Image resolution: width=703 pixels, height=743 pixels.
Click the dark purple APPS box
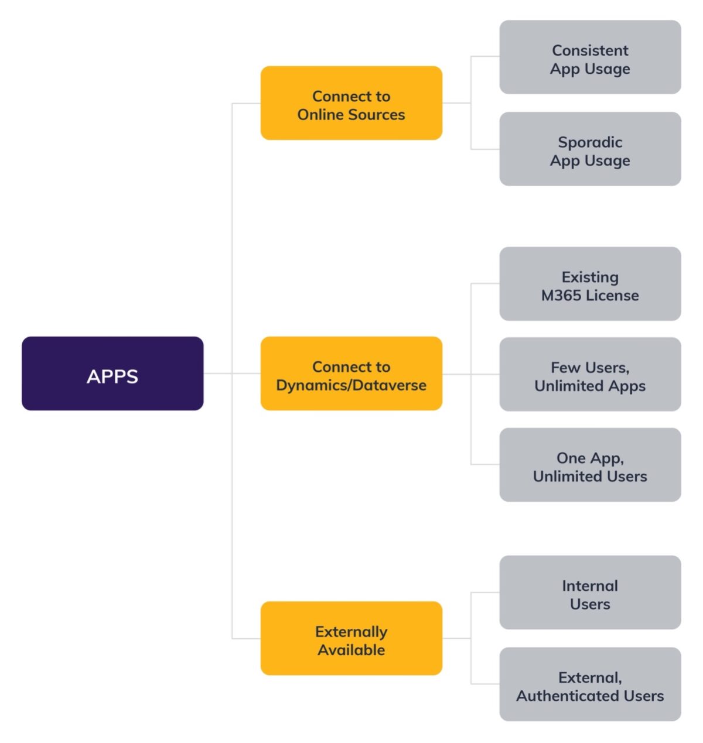112,374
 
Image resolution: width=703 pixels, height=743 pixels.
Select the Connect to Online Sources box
351,103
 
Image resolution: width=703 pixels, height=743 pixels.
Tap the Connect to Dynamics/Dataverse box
351,374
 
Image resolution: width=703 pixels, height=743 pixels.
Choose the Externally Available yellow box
351,638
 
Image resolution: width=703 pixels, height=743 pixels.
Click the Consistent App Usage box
590,57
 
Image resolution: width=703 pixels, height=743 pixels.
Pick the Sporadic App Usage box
590,149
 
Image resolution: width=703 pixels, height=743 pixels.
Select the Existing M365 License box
590,284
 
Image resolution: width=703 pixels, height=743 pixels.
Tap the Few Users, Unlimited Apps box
590,374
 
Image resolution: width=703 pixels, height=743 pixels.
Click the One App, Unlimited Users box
590,465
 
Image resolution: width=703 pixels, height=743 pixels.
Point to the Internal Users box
590,593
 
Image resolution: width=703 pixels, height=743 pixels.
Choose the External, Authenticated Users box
590,684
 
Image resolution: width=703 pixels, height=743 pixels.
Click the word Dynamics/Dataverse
351,385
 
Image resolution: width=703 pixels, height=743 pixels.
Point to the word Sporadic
590,142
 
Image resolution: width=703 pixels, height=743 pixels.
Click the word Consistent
590,50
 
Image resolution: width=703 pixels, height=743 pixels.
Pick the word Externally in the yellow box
351,632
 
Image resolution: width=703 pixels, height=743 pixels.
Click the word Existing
590,277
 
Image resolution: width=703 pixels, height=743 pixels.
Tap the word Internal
590,586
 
